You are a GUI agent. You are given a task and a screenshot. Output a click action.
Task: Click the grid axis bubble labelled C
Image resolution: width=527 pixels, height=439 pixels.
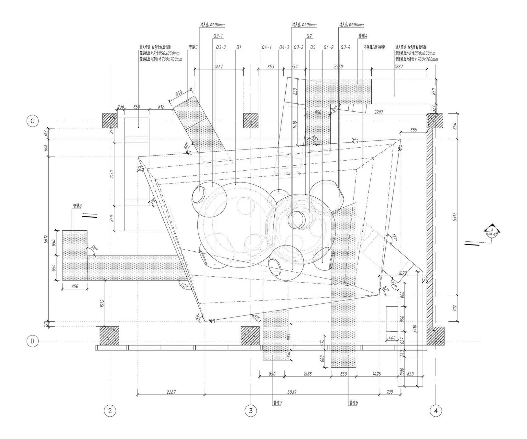tap(32, 121)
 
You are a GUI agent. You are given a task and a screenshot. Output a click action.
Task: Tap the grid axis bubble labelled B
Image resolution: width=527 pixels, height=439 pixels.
tap(32, 341)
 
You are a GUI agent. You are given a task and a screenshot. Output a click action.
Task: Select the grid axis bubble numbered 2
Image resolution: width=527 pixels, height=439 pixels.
tap(110, 411)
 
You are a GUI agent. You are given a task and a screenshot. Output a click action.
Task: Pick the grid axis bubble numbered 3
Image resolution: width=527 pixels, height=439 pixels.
tap(251, 411)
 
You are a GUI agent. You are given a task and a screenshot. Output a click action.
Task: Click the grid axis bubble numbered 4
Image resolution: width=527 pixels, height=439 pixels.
tap(436, 411)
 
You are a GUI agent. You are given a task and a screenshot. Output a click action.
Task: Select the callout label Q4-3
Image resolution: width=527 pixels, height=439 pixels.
tap(284, 47)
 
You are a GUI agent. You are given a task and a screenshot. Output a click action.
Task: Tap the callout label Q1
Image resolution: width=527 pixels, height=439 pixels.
tap(239, 47)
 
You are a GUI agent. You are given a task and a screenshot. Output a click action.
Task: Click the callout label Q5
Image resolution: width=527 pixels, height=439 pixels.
tap(313, 47)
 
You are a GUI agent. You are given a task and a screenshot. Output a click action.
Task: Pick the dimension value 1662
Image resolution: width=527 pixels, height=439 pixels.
tap(219, 66)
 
